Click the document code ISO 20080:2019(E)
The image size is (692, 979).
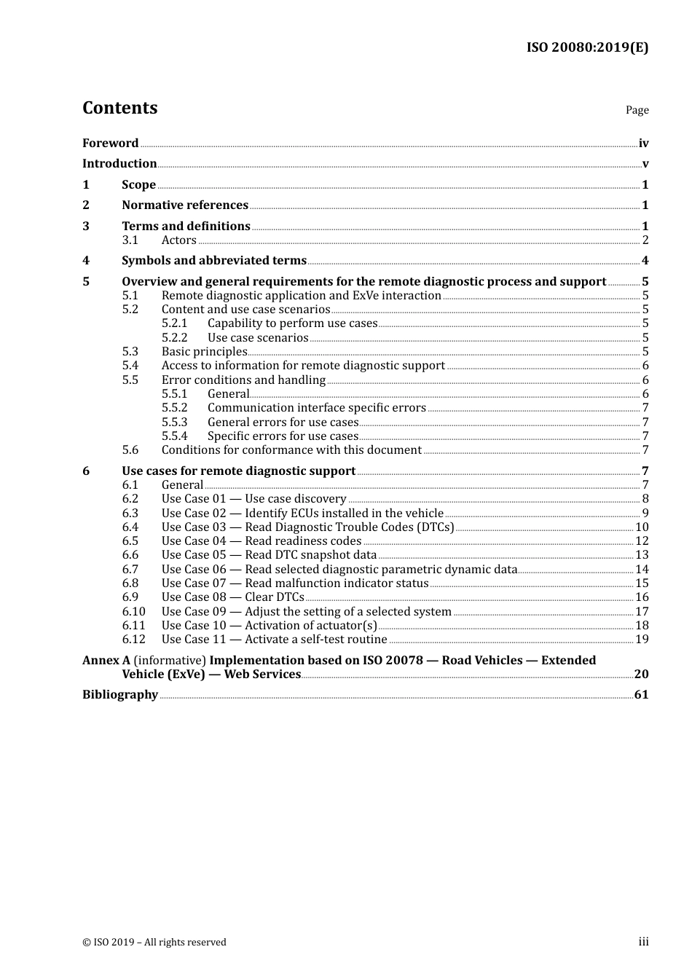(587, 47)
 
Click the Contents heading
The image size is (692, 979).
(119, 108)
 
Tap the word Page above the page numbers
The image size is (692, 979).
(637, 110)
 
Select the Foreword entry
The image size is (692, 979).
(110, 143)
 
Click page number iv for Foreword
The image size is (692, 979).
(643, 143)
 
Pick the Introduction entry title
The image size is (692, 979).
(119, 164)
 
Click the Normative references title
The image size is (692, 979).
(185, 205)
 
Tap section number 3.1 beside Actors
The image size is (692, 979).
(130, 240)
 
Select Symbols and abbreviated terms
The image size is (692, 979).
(214, 261)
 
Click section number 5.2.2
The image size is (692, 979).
(174, 338)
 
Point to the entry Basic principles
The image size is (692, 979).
(204, 352)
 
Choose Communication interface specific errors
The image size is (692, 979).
(316, 408)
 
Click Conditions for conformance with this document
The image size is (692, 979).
(291, 450)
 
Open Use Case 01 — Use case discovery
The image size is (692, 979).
(253, 499)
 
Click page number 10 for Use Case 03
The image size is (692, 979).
(642, 527)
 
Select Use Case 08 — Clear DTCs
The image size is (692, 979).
(232, 597)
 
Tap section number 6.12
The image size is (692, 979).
(133, 640)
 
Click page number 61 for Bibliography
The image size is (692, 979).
(641, 695)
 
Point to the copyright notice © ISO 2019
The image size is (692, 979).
(154, 943)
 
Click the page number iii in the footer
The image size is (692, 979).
(643, 942)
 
